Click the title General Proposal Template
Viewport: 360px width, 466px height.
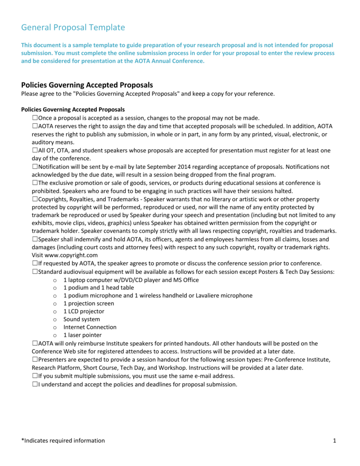coord(73,28)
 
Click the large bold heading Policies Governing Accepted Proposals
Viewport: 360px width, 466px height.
coord(87,85)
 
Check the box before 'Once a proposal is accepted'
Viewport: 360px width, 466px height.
coord(35,118)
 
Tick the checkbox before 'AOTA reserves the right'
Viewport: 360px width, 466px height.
coord(35,126)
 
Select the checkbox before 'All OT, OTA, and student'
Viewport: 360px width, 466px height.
coord(35,150)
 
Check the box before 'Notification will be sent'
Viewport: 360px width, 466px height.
coord(35,167)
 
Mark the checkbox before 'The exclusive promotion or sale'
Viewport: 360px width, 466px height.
coord(35,183)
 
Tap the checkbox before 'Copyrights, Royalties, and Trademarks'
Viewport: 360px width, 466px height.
coord(35,199)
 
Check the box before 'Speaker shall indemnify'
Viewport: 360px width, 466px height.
coord(35,239)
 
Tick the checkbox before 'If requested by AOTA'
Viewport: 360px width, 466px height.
coord(35,263)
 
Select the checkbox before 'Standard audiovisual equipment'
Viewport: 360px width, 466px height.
coord(35,272)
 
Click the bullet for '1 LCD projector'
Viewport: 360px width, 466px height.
coord(55,312)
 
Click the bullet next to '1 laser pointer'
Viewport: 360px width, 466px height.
coord(55,335)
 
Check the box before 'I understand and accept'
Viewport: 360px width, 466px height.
coord(35,384)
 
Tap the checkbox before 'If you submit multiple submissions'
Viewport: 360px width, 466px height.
coord(35,376)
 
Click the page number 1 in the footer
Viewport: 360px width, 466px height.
coord(334,441)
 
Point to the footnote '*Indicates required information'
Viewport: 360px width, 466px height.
coord(63,441)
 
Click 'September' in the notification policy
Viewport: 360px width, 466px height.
coord(164,167)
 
